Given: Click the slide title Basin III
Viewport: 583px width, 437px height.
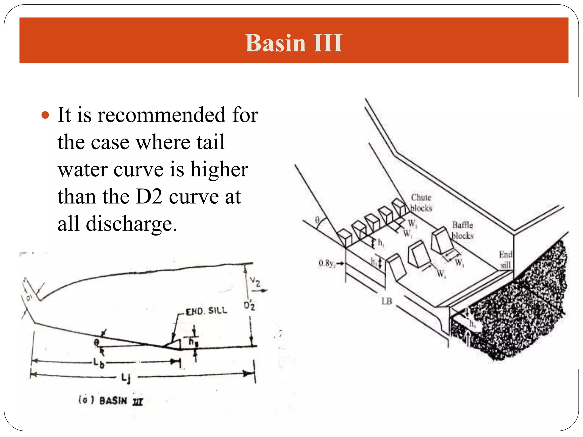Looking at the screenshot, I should [x=294, y=43].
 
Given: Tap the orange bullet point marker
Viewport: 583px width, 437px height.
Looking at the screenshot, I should [x=45, y=115].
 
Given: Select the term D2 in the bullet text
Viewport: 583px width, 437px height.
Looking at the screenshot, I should [x=149, y=197].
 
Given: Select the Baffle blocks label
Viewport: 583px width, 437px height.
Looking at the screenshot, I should [x=462, y=230].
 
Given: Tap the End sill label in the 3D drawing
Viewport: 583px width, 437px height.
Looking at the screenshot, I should [x=505, y=259].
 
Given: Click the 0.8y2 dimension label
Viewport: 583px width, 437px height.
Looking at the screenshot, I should [x=327, y=263].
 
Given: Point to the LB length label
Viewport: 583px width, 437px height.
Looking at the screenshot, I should [x=387, y=301].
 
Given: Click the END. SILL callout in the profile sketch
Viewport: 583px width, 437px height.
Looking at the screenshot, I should [x=206, y=311].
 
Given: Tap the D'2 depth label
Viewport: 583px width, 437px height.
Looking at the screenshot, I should [x=249, y=306].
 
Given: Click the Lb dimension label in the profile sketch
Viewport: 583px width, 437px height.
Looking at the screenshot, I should [x=98, y=363].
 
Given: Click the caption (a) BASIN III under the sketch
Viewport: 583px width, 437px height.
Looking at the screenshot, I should [x=111, y=401].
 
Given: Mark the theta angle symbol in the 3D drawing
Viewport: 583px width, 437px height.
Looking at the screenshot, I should [x=317, y=220].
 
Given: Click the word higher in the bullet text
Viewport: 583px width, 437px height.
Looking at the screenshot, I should [x=219, y=170].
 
